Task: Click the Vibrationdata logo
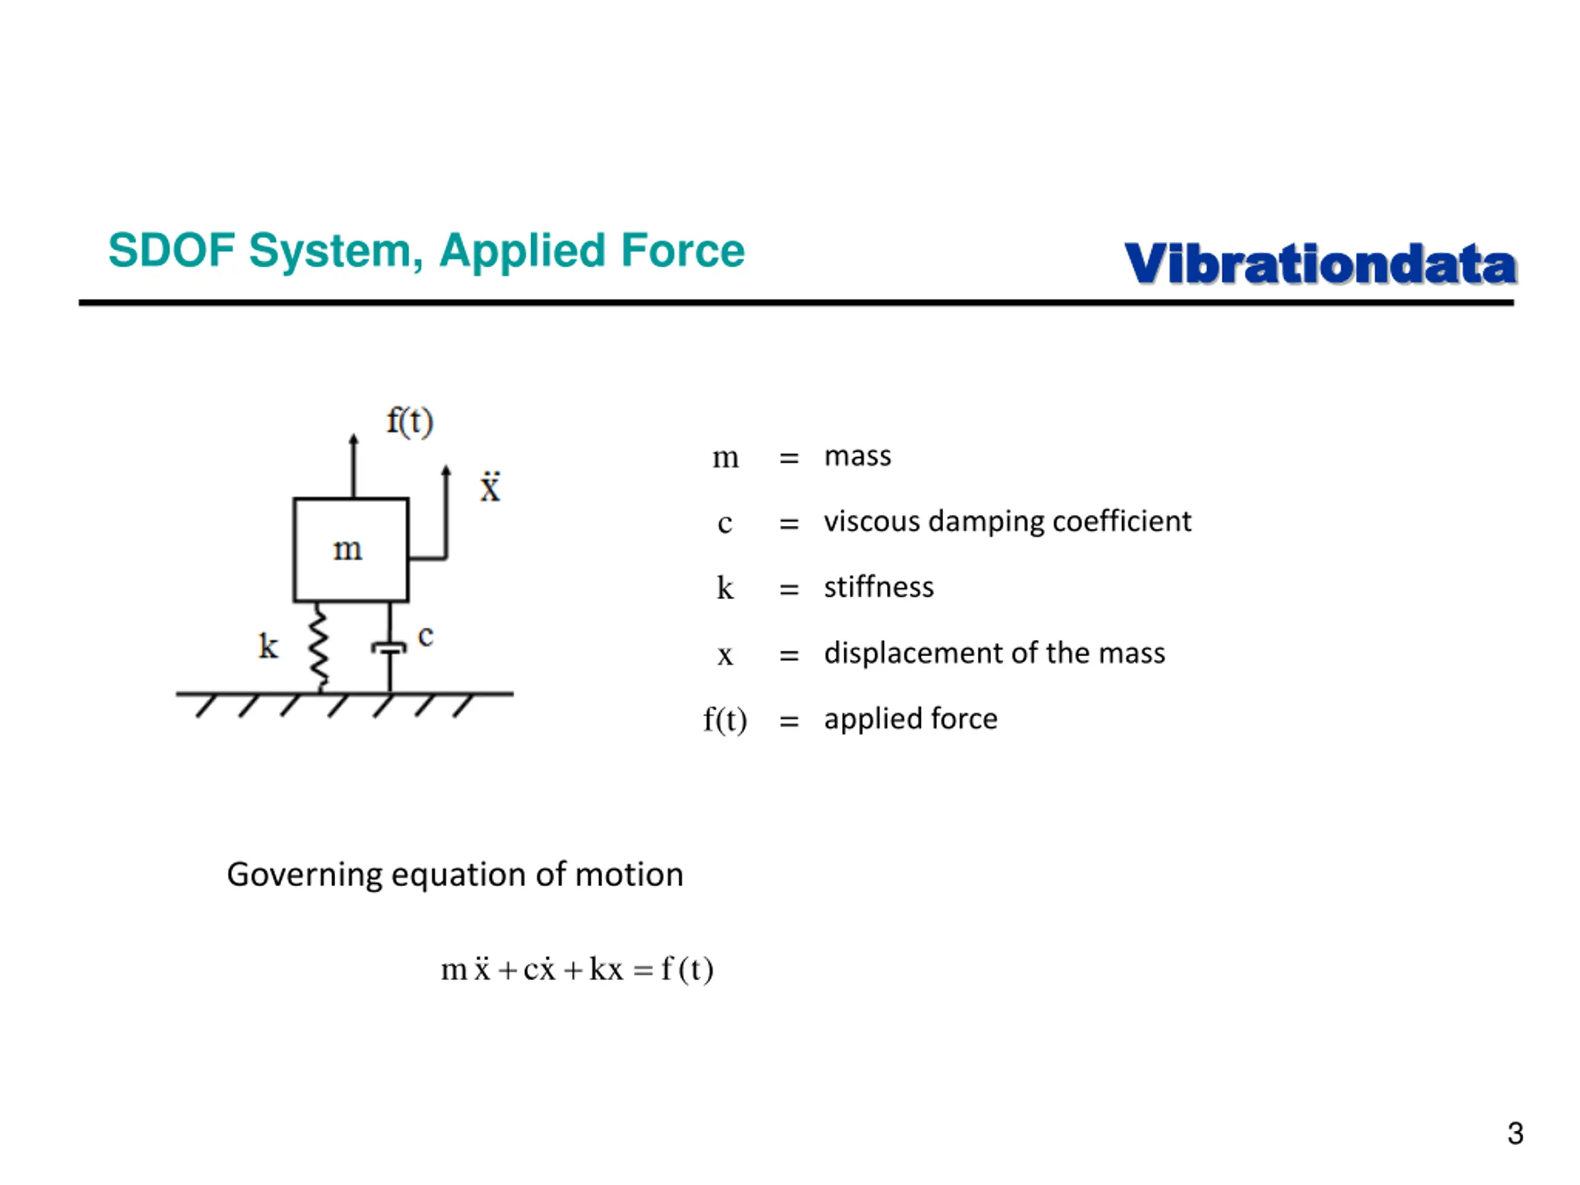tap(1320, 264)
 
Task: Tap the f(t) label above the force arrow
tap(410, 422)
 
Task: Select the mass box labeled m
tap(351, 549)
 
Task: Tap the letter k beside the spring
tap(268, 646)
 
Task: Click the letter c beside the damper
tap(426, 635)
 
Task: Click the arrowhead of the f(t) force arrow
tap(354, 439)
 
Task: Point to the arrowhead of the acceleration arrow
tap(446, 471)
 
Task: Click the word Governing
tap(304, 875)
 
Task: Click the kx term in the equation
tap(605, 969)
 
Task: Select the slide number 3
tap(1515, 1134)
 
